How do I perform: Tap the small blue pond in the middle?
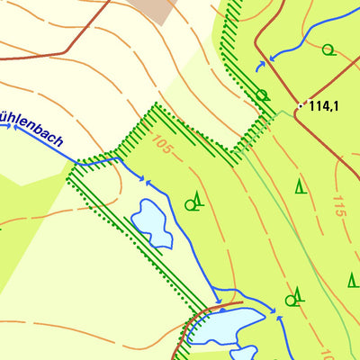(152, 223)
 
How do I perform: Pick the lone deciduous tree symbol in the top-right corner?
(328, 49)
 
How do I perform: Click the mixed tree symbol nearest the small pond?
(193, 202)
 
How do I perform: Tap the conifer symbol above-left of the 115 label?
(300, 187)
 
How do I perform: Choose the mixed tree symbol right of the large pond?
(295, 296)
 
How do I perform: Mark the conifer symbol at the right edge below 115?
(353, 279)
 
